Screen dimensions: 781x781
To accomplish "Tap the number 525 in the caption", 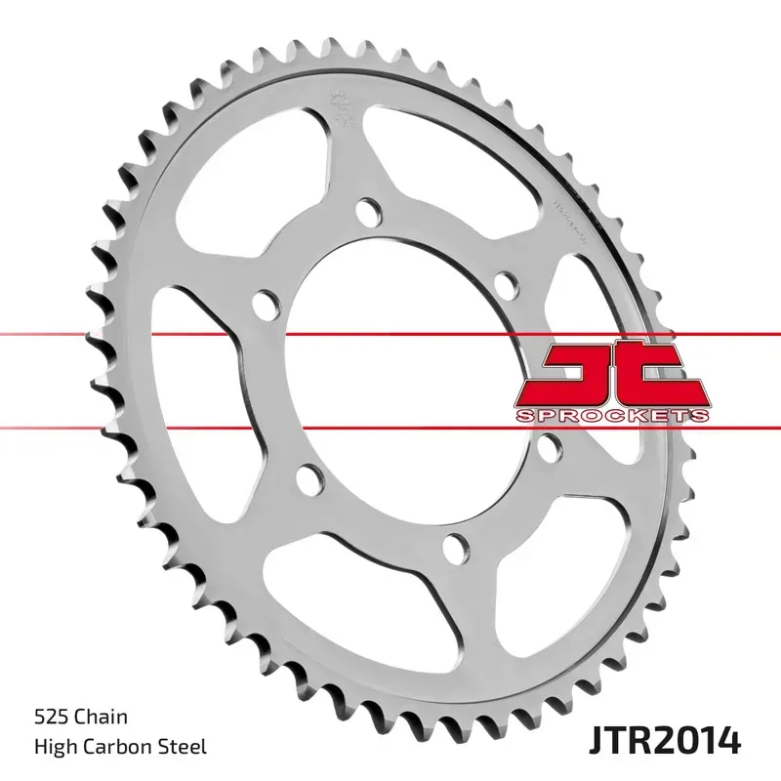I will [x=51, y=718].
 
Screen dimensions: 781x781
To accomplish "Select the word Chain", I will [x=103, y=718].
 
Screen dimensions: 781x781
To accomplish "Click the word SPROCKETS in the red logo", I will [x=611, y=416].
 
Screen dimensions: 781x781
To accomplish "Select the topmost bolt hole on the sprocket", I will [x=368, y=211].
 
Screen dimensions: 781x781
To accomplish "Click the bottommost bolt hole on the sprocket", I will [x=452, y=544].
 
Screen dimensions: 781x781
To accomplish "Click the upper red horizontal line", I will [x=146, y=335].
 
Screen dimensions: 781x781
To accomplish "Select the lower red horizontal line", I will [x=146, y=426].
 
